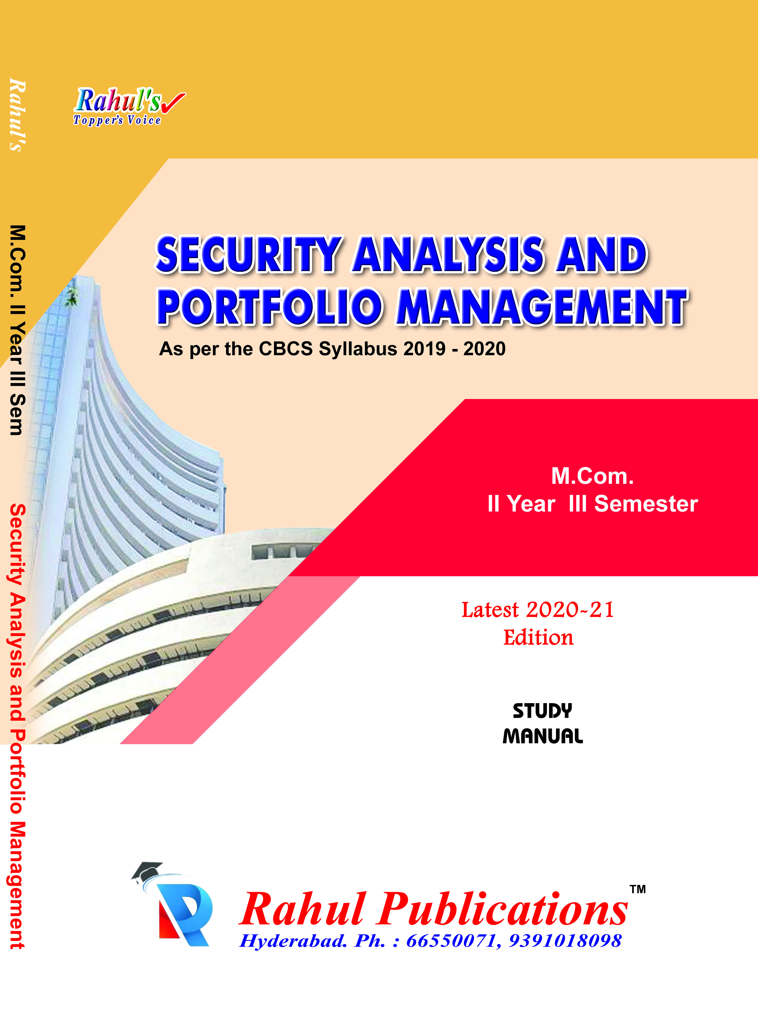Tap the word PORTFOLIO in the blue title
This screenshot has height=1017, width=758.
pos(270,307)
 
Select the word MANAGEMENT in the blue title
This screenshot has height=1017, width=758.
pos(542,307)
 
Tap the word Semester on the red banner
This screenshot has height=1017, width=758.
pos(646,504)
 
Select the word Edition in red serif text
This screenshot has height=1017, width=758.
pos(538,638)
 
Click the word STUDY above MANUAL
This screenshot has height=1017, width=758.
pos(542,711)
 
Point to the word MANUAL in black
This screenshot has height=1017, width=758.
pos(543,736)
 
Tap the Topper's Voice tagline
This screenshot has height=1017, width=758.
pos(117,120)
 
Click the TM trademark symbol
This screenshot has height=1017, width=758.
pos(637,889)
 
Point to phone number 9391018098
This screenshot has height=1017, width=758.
pos(565,941)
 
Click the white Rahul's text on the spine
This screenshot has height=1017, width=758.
pos(17,115)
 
